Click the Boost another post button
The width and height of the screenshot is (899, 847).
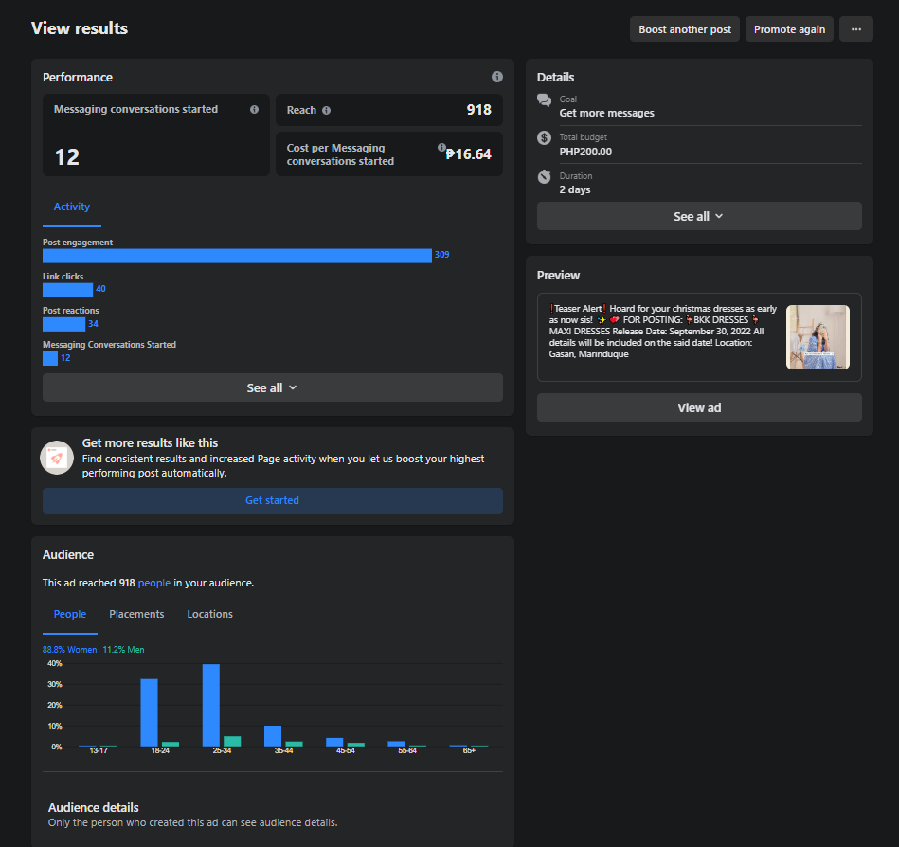685,29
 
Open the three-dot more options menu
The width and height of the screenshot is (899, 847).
856,29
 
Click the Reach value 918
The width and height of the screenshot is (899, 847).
478,110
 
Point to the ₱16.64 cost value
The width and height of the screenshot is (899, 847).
468,154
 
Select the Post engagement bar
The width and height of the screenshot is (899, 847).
237,256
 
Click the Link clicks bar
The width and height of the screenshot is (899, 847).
67,290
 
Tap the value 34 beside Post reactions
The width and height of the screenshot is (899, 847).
93,324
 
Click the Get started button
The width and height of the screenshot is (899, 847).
272,500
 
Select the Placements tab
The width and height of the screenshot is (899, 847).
136,614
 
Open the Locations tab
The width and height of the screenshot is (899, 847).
210,614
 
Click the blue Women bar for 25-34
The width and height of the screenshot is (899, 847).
211,705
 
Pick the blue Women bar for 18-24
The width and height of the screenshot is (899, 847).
149,712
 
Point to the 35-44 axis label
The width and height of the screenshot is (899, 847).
284,750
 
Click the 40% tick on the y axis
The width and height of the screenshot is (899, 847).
54,663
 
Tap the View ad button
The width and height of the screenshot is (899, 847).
699,407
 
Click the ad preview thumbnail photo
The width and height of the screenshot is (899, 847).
818,337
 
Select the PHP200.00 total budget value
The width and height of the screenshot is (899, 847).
585,152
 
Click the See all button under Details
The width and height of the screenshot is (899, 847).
699,216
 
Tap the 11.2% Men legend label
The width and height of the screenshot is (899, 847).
123,650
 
